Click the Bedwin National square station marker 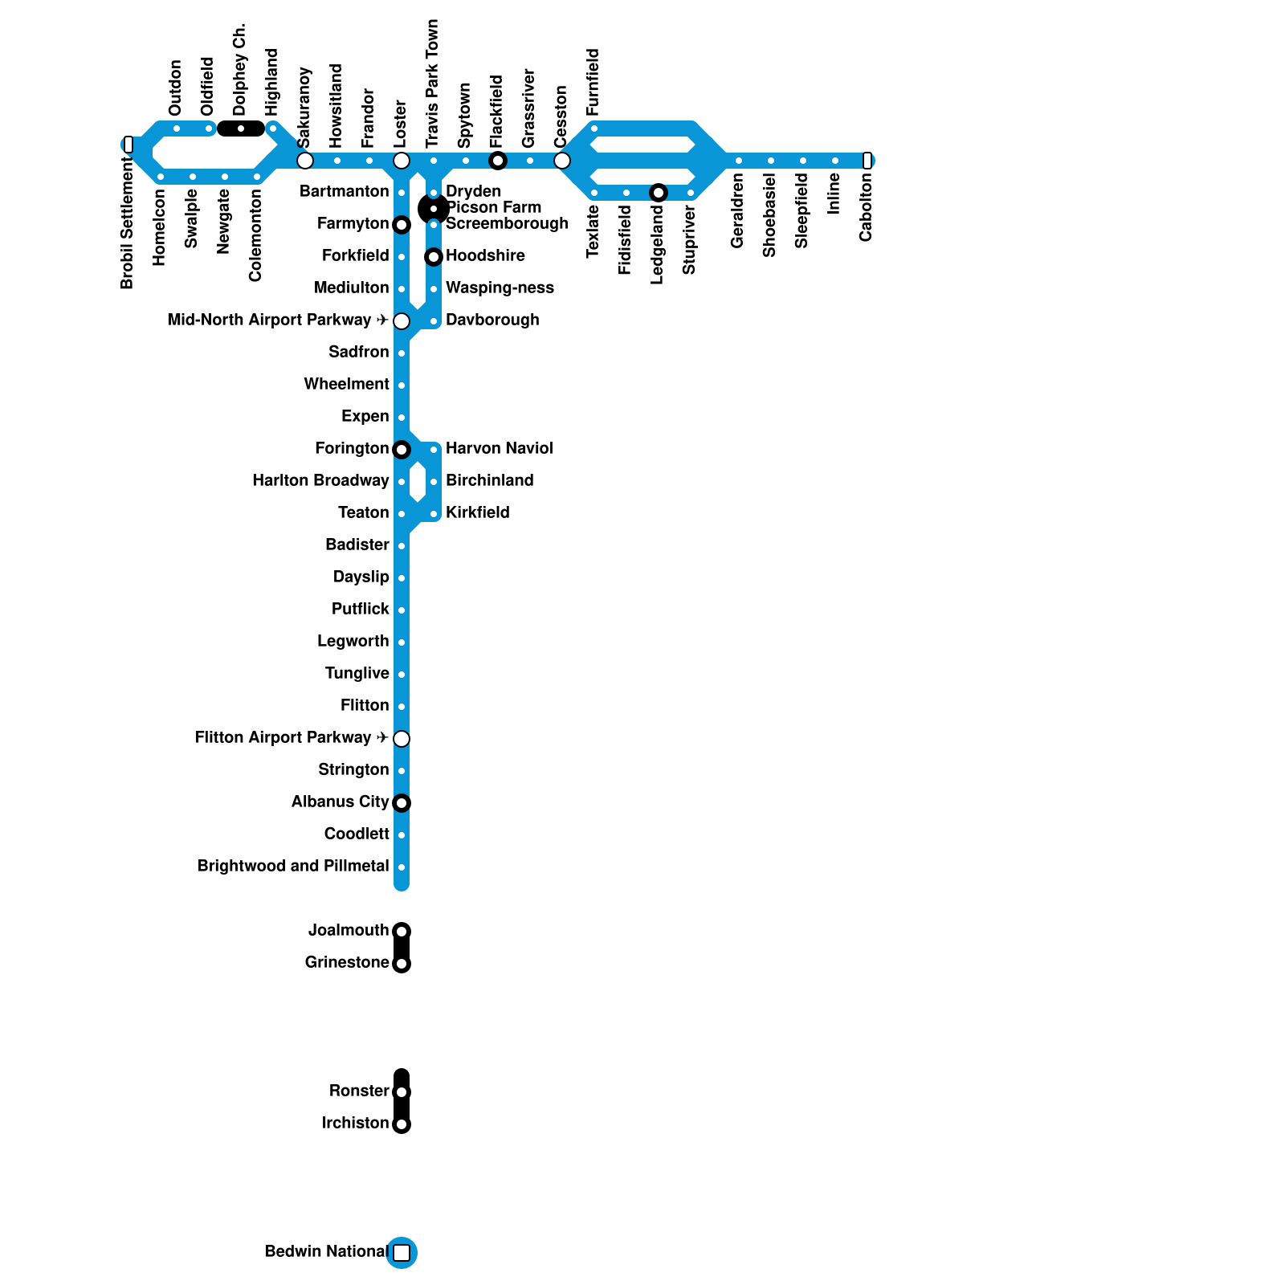coord(402,1252)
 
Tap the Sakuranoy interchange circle coord(305,161)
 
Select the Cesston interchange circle coord(562,161)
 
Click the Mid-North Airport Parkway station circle coord(402,321)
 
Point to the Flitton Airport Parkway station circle coord(402,738)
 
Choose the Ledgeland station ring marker coord(659,193)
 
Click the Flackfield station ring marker coord(498,161)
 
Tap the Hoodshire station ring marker coord(434,257)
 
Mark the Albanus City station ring coord(402,803)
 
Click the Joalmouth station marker coord(402,932)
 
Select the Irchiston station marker coord(402,1124)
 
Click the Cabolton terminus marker coord(867,161)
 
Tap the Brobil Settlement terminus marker coord(128,145)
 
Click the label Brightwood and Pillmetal coord(293,866)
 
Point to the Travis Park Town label coord(433,84)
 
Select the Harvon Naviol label coord(499,448)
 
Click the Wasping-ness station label coord(500,288)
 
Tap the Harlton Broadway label coord(320,480)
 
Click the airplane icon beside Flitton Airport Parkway coord(382,737)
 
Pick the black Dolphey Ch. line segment coord(241,128)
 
